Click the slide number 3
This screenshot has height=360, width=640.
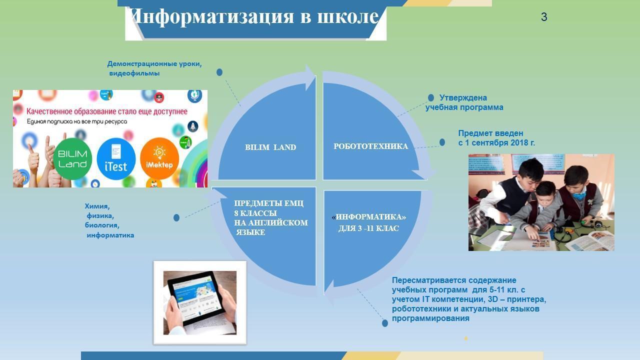pos(544,17)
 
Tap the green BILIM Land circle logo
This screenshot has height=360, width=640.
pos(72,159)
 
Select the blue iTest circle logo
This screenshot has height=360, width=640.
pos(116,159)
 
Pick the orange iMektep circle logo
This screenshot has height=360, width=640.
pos(159,158)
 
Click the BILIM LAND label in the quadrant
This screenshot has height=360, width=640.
pos(270,147)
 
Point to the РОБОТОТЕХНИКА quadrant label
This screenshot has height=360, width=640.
pos(370,146)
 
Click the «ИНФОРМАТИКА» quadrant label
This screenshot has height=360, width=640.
pos(369,217)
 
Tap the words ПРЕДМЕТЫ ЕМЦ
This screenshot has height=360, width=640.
pos(269,203)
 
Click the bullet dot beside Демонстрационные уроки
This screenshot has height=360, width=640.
pos(219,72)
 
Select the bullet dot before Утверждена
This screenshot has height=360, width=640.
pos(431,97)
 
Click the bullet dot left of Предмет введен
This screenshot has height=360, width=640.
pos(442,142)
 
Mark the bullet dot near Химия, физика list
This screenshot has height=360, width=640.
pos(176,217)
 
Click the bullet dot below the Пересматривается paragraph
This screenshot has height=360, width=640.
pos(385,323)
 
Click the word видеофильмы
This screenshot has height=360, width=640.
pos(134,73)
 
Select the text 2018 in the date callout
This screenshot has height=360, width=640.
pos(512,142)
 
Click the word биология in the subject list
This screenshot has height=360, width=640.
pos(102,225)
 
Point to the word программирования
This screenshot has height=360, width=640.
pos(430,318)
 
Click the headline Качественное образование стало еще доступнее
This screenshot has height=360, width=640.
pos(107,111)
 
